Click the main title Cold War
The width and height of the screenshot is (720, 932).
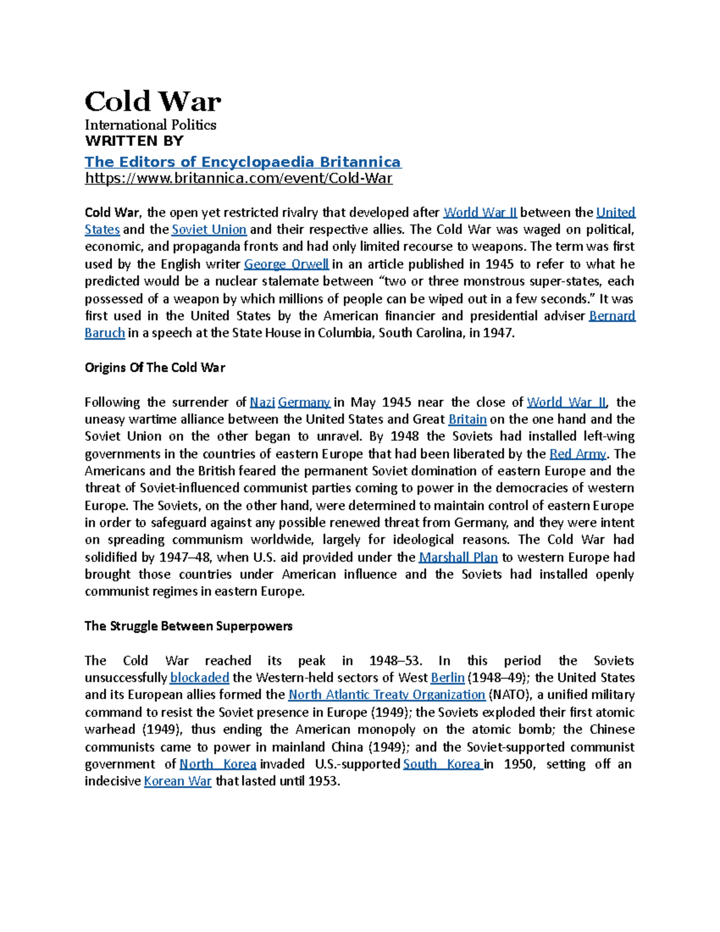click(152, 101)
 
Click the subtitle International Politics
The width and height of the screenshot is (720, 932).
click(150, 125)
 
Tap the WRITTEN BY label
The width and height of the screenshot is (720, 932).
click(134, 141)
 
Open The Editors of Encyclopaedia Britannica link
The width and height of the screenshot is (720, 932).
click(242, 162)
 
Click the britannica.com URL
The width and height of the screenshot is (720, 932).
click(238, 178)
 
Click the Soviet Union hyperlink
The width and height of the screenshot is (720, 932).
click(209, 229)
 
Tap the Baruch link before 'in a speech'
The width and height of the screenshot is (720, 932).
click(104, 333)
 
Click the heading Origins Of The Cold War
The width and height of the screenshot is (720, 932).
click(155, 367)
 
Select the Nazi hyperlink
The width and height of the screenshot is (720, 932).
click(262, 402)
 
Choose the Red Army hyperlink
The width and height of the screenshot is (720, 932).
click(577, 454)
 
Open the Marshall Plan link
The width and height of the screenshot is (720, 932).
click(458, 557)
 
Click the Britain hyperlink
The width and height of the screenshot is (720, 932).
click(467, 419)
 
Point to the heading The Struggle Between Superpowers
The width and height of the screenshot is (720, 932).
click(188, 626)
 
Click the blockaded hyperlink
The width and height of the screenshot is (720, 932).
click(199, 678)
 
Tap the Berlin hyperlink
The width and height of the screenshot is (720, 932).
click(448, 678)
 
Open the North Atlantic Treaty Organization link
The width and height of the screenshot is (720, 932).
click(386, 694)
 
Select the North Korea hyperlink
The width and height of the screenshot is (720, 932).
click(218, 764)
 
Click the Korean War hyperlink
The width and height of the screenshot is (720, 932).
click(178, 781)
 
